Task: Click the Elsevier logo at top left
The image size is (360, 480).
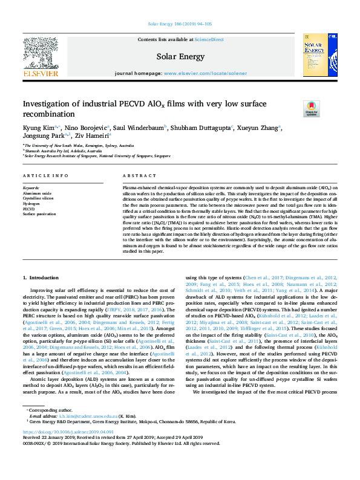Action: [41, 57]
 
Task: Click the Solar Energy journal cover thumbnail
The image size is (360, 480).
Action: [319, 56]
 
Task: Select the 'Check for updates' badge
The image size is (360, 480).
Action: [310, 108]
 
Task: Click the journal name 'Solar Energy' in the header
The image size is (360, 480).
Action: [179, 56]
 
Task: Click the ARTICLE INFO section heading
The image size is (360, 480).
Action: [46, 175]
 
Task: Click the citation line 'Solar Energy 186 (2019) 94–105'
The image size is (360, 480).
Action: [180, 24]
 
